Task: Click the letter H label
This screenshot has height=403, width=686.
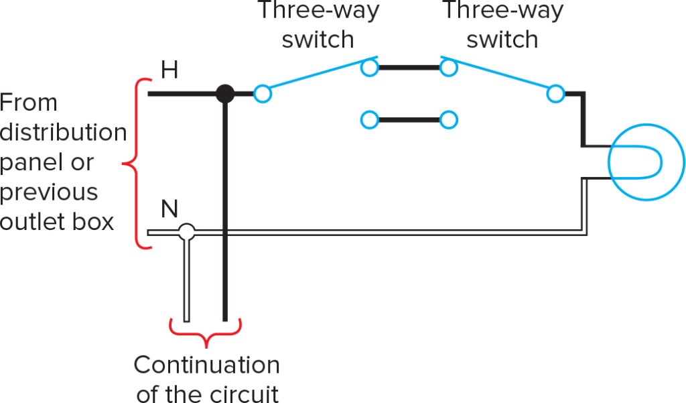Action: coord(169,70)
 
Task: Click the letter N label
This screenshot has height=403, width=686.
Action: coord(170,210)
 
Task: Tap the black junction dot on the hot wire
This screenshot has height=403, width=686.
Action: coord(225,94)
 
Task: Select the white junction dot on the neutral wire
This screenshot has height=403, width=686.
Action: coord(187,233)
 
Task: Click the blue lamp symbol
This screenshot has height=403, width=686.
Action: coord(645,161)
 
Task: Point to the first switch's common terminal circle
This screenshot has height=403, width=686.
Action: coord(263,94)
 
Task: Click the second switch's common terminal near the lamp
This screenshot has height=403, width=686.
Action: coord(555,94)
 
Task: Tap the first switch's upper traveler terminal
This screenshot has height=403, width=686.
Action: coord(369,67)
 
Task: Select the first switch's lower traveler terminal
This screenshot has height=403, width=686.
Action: coord(369,121)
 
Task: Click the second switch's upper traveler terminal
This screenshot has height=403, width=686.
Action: coord(448,67)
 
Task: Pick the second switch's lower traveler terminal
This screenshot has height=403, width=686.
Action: coord(448,121)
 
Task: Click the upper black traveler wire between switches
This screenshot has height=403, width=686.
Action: coord(409,67)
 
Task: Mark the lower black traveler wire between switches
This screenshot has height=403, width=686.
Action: coord(409,121)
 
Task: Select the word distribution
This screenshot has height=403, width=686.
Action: coord(63,133)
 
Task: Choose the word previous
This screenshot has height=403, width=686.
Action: coord(49,192)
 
